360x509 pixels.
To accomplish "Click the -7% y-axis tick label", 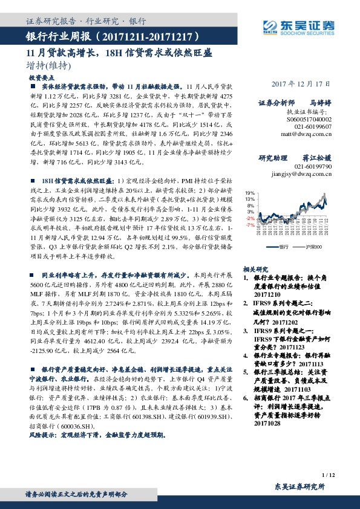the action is click(x=249, y=224).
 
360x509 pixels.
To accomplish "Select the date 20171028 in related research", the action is click(x=264, y=424).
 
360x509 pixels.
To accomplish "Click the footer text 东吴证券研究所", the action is click(x=299, y=487).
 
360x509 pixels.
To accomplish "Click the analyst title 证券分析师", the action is click(x=277, y=103).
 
